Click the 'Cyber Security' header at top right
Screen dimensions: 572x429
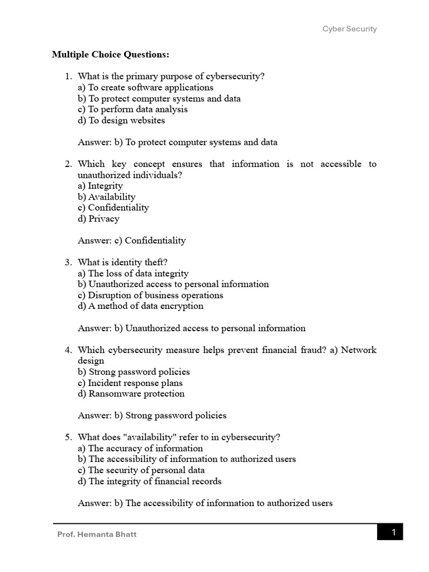click(350, 29)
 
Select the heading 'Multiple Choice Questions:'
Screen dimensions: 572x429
click(110, 55)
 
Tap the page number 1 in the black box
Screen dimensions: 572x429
click(393, 532)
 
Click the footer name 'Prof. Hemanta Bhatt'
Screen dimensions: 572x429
click(97, 535)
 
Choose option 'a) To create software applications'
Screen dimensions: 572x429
click(145, 88)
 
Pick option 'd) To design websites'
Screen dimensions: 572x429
click(121, 120)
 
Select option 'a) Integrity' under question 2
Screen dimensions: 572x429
click(100, 186)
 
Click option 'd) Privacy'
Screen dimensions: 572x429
click(98, 218)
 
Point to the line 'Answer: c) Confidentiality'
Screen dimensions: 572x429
click(132, 241)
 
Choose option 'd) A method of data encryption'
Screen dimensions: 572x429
click(141, 306)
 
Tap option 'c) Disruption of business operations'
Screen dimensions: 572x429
click(150, 295)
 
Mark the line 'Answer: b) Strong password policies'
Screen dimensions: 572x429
click(152, 416)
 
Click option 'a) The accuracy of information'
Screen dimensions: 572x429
click(140, 449)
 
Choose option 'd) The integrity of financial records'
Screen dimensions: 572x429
click(150, 481)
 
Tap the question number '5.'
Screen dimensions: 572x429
click(69, 437)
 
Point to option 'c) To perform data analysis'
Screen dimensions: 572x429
click(132, 109)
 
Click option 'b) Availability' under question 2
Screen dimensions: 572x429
click(106, 197)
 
